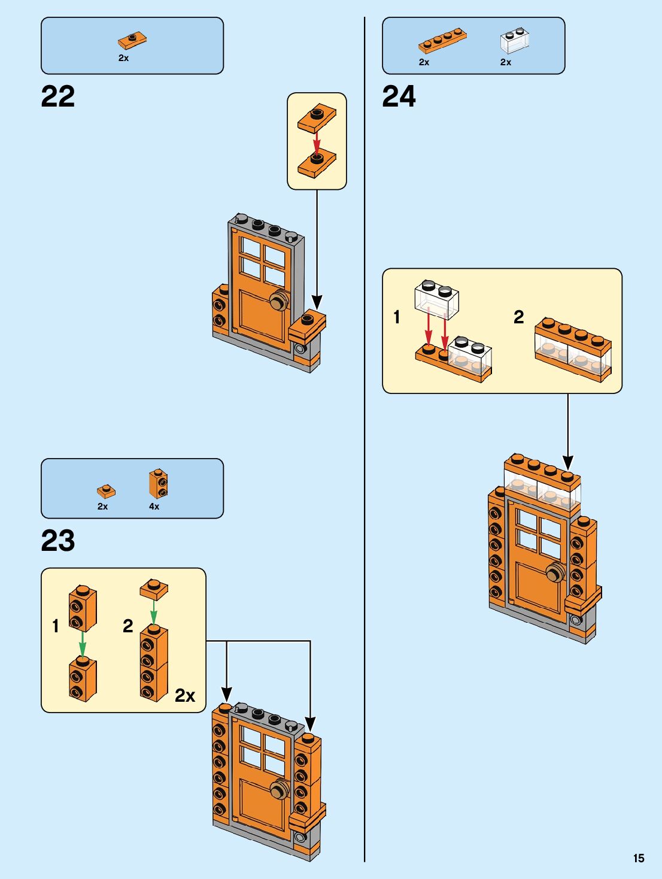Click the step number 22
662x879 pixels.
coord(58,96)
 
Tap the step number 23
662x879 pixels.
coord(58,541)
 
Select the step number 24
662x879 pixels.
coord(399,96)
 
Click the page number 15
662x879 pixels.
coord(639,858)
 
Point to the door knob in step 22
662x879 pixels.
coord(279,299)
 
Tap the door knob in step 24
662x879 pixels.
coord(556,572)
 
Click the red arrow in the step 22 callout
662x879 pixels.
coord(317,142)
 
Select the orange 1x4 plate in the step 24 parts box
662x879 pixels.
coord(442,40)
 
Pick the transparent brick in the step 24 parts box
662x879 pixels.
coord(514,41)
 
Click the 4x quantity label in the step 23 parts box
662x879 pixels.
coord(154,507)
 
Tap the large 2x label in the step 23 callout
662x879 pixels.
coord(185,695)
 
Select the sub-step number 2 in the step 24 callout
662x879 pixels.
coord(518,317)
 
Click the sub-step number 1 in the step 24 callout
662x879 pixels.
coord(397,317)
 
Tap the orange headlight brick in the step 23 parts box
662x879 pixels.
coord(158,484)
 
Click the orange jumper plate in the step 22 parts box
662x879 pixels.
coord(132,40)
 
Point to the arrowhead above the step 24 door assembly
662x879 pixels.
coord(567,462)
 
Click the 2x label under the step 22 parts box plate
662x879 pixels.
coord(123,58)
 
